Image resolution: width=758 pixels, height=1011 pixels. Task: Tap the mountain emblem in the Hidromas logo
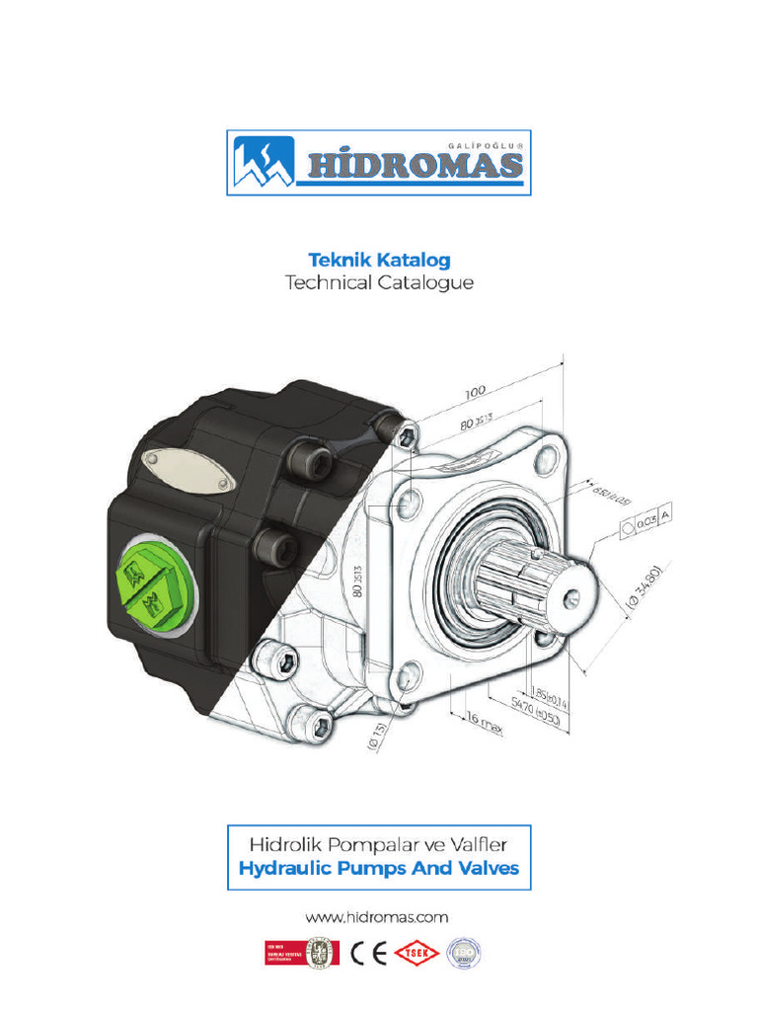pyautogui.click(x=264, y=162)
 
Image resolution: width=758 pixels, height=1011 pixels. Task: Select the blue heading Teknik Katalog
pyautogui.click(x=379, y=260)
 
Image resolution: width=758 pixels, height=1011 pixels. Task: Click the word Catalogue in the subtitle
pyautogui.click(x=426, y=283)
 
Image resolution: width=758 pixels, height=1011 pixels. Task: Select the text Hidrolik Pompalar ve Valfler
pyautogui.click(x=379, y=844)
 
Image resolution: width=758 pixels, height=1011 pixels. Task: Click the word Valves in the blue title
pyautogui.click(x=480, y=871)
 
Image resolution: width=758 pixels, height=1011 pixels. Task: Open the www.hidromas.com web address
pyautogui.click(x=379, y=917)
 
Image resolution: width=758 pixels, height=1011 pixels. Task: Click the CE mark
pyautogui.click(x=369, y=953)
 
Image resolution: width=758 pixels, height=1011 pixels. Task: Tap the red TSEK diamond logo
pyautogui.click(x=417, y=953)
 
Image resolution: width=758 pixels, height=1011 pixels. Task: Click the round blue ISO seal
pyautogui.click(x=464, y=953)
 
